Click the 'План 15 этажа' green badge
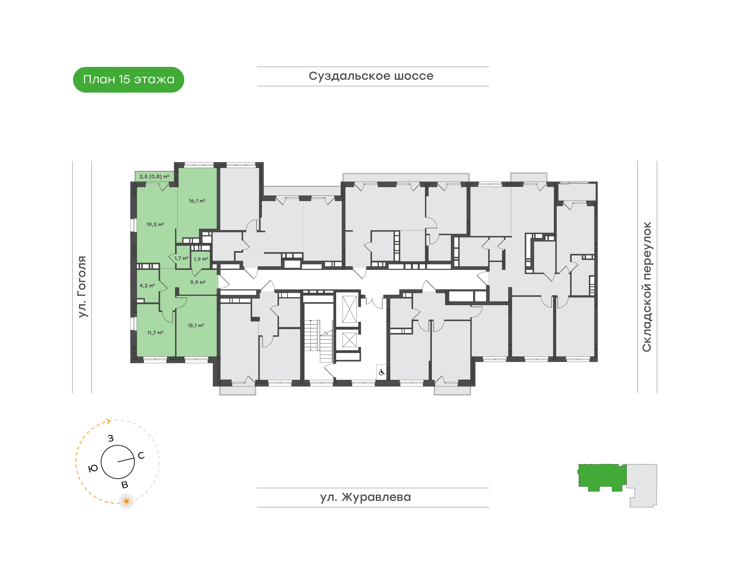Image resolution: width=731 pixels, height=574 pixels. click(128, 80)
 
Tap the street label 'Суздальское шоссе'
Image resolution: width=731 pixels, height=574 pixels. click(371, 76)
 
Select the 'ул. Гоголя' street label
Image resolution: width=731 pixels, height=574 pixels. click(82, 286)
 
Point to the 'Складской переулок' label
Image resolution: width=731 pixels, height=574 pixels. click(647, 287)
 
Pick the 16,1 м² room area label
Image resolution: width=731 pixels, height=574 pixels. click(197, 201)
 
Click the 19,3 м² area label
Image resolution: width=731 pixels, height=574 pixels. click(155, 224)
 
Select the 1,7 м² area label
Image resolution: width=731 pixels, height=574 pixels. click(181, 258)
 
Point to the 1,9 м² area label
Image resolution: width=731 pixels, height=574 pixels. click(201, 259)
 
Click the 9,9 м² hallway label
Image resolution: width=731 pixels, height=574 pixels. click(198, 282)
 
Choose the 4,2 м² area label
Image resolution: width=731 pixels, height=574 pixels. click(147, 286)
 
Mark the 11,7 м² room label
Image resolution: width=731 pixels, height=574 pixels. click(155, 333)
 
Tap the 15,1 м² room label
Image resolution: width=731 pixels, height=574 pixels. click(196, 325)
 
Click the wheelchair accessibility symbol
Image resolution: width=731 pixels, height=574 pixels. click(381, 372)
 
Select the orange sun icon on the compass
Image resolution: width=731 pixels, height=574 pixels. click(126, 501)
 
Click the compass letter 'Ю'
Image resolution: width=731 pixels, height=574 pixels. click(93, 468)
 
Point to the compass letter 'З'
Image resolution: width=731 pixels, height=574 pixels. click(111, 438)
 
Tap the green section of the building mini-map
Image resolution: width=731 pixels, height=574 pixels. click(602, 477)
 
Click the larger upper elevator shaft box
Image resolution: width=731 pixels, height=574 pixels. click(349, 309)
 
